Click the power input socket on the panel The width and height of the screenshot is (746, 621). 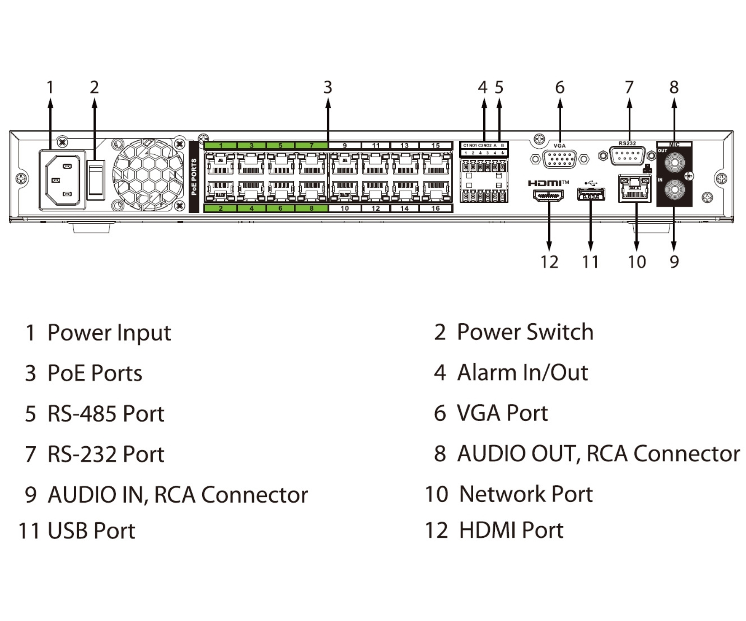click(x=62, y=180)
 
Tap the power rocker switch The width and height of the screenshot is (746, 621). click(x=96, y=180)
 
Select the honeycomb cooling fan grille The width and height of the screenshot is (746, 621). click(x=148, y=175)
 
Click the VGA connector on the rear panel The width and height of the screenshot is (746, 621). click(x=559, y=159)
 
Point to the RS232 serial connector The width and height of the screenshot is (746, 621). click(x=627, y=156)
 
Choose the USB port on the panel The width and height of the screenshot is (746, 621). click(x=591, y=194)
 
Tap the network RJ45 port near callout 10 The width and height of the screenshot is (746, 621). click(x=635, y=188)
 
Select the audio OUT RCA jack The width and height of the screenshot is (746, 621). click(x=674, y=162)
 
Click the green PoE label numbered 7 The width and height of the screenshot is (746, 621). click(x=311, y=146)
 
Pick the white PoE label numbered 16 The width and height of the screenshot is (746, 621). click(x=435, y=208)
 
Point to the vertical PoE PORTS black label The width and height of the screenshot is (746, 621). click(x=194, y=177)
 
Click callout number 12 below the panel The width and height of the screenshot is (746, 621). click(x=549, y=262)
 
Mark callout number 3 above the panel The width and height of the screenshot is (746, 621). click(x=328, y=87)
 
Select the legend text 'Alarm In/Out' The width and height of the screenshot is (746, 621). click(x=522, y=373)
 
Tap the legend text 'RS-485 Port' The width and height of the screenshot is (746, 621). click(x=106, y=414)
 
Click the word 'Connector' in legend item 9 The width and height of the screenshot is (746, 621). click(x=254, y=495)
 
